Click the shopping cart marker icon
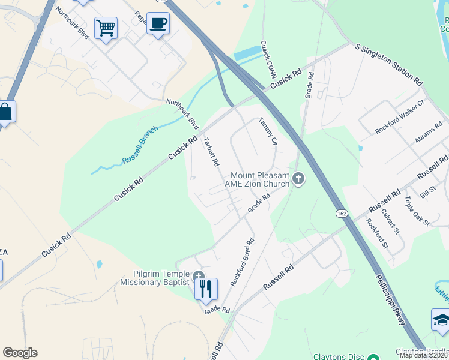106,27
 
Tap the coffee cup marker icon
158,23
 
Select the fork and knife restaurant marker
206,289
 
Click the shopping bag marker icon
5,112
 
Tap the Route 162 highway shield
341,214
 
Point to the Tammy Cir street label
268,131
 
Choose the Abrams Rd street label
429,133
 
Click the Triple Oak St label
417,211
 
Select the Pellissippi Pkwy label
391,300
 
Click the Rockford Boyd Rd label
243,262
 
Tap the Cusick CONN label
263,59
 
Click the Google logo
20,353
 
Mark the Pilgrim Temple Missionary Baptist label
155,278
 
